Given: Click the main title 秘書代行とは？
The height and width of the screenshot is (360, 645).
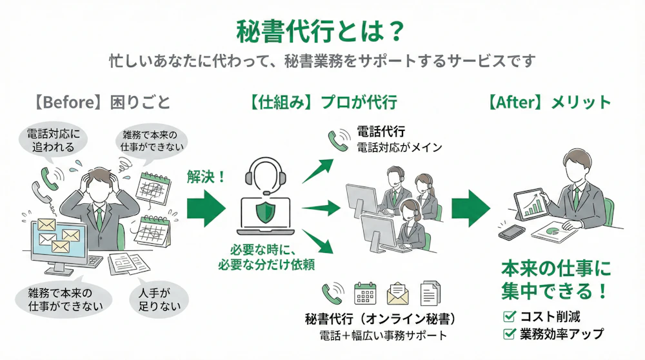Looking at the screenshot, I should point(321,30).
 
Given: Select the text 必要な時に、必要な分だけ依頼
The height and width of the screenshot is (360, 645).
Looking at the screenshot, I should point(266,256).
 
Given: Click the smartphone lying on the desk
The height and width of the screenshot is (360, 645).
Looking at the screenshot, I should point(512,231).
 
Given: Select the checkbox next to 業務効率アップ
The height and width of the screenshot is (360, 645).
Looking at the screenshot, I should point(509,334).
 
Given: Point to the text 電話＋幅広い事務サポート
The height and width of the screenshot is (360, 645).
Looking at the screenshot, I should point(382,336).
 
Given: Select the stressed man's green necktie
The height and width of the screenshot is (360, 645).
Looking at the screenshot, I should point(99,217).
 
